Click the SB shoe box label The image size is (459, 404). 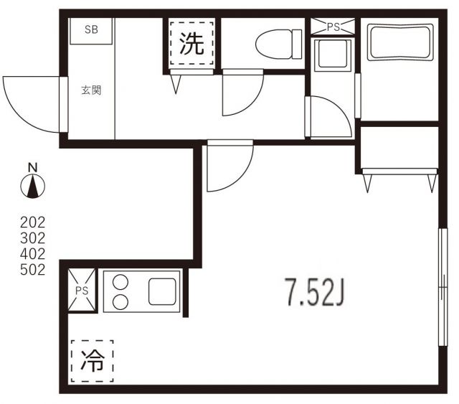[92, 29]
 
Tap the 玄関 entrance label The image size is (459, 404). [91, 90]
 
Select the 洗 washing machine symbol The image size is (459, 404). [191, 45]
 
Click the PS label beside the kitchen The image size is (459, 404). [82, 292]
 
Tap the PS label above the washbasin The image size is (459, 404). [333, 27]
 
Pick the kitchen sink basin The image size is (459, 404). [164, 291]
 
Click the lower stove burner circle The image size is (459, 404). [120, 301]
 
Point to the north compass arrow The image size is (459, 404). [33, 188]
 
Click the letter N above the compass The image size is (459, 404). [32, 167]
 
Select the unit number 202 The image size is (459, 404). [32, 222]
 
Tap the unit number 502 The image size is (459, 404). [32, 270]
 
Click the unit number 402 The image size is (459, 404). [32, 254]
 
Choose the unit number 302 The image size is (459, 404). [32, 238]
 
